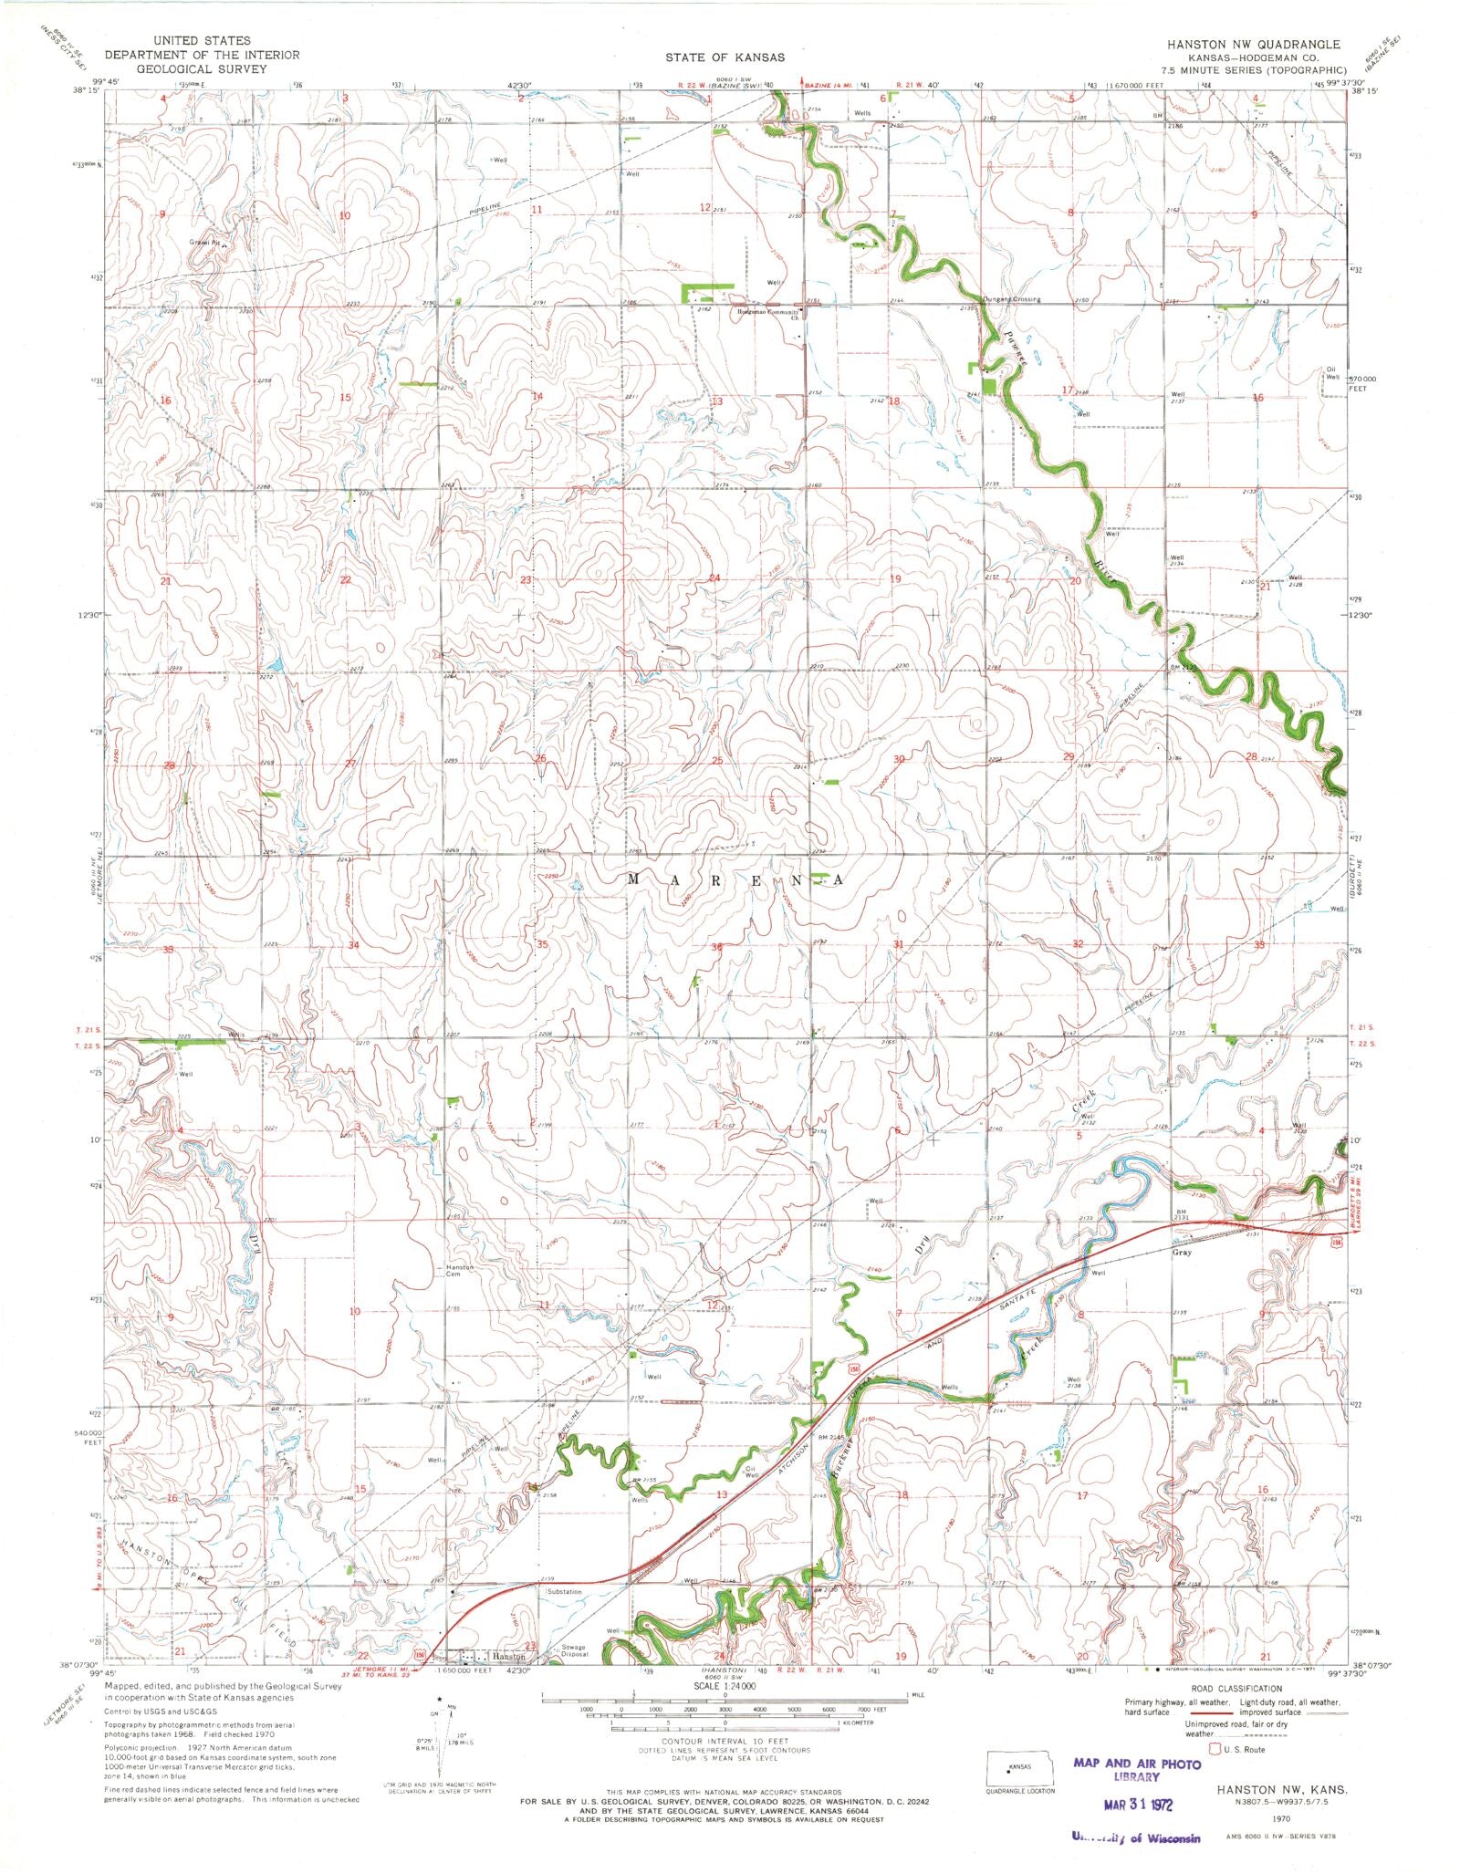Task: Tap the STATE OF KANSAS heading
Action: click(724, 57)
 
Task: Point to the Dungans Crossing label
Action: click(1011, 299)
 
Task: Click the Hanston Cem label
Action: click(459, 1272)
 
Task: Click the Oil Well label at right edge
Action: click(1332, 373)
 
